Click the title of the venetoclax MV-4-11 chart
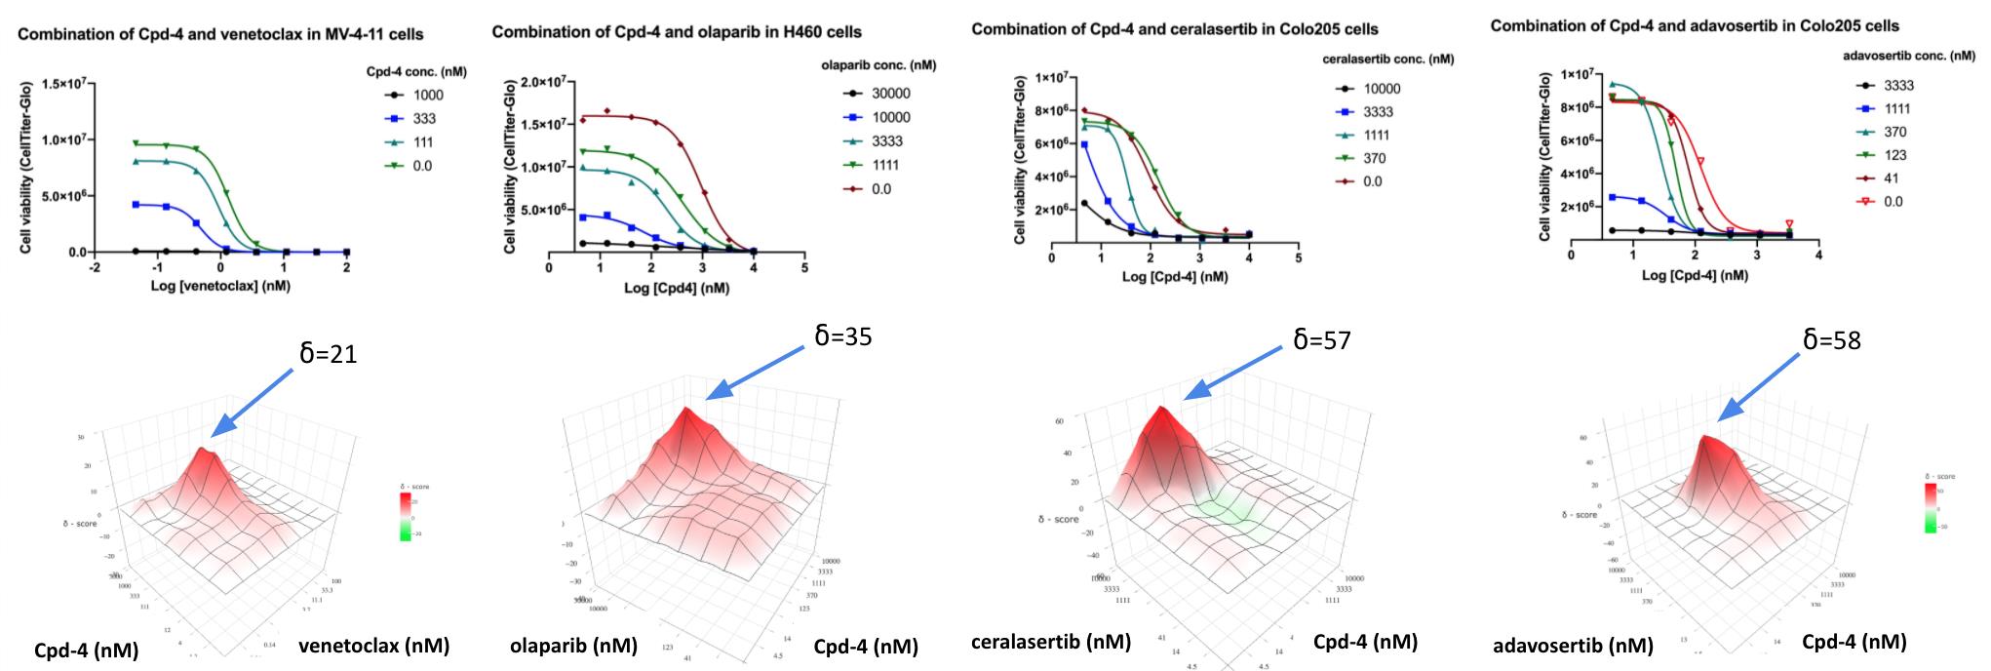click(220, 35)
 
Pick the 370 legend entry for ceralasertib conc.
click(1368, 158)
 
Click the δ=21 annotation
click(329, 354)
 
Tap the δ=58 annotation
click(1831, 339)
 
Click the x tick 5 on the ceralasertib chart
click(1298, 258)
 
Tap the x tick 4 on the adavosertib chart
click(1818, 256)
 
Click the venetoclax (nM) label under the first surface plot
click(373, 646)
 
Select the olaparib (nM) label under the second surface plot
click(573, 646)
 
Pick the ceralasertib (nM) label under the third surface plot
click(1051, 642)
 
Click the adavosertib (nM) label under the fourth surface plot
click(1573, 646)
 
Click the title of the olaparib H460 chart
click(677, 32)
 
